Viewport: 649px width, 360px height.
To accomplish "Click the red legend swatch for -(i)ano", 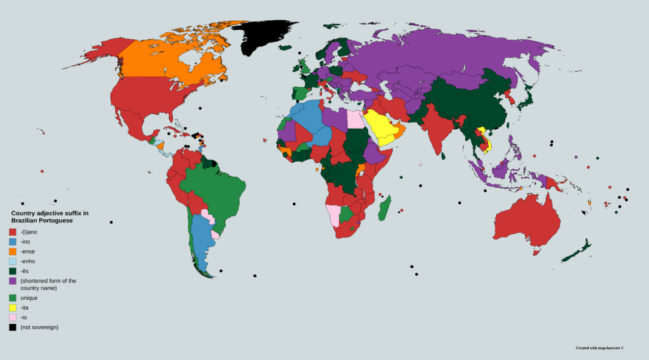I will pyautogui.click(x=13, y=232).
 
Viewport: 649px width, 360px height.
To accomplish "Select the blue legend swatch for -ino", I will pyautogui.click(x=13, y=241).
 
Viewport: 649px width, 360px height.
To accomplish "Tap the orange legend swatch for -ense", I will pyautogui.click(x=13, y=251).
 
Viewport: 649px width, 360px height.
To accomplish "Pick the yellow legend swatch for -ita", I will pyautogui.click(x=13, y=307).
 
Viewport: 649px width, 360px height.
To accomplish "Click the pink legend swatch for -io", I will pyautogui.click(x=13, y=317).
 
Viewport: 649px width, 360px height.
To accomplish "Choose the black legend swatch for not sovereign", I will pyautogui.click(x=13, y=327).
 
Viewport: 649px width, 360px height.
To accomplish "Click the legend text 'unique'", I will pyautogui.click(x=29, y=297).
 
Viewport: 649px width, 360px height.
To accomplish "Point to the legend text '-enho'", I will pyautogui.click(x=28, y=260).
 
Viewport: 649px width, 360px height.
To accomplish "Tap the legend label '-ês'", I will pyautogui.click(x=25, y=270).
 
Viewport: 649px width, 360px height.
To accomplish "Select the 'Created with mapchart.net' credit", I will pyautogui.click(x=600, y=347).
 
